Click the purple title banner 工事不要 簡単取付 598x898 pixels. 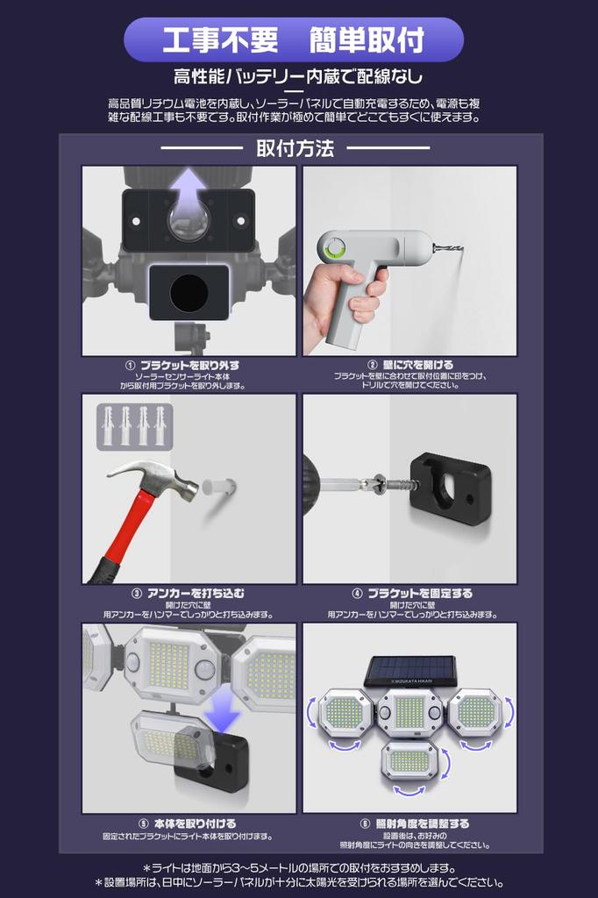(x=294, y=40)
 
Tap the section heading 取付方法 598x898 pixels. (x=295, y=148)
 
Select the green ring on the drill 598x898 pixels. (x=334, y=251)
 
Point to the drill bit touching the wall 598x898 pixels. (x=448, y=250)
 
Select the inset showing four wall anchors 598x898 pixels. (x=134, y=425)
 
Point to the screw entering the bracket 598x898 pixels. (x=381, y=481)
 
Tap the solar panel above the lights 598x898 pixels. (x=409, y=670)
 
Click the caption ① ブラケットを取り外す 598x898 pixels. (x=182, y=365)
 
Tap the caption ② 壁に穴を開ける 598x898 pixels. (x=409, y=365)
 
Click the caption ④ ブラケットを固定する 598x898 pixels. (x=409, y=593)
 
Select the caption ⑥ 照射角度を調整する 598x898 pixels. (x=409, y=823)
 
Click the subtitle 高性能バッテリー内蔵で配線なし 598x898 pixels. (x=298, y=76)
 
